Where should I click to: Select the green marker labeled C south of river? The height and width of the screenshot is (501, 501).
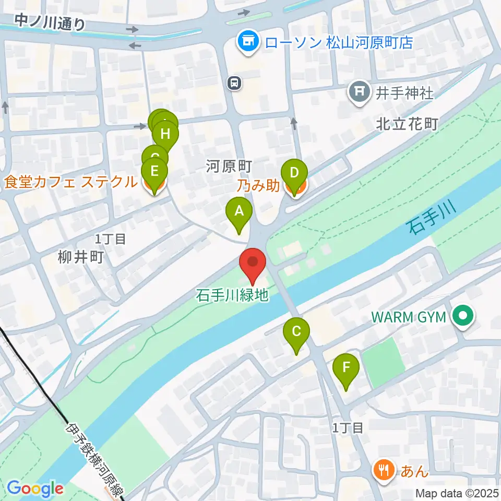click(x=296, y=332)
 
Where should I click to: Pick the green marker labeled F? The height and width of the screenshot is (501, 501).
click(x=347, y=368)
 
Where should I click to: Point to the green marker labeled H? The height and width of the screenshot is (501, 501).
click(x=165, y=134)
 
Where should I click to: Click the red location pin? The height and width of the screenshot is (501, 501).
click(x=253, y=262)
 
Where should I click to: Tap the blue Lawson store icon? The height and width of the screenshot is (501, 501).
click(x=248, y=42)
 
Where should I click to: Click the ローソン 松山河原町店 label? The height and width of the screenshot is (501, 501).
click(x=339, y=42)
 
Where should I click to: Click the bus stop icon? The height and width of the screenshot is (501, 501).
click(x=234, y=82)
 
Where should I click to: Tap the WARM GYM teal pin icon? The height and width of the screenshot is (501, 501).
click(x=462, y=316)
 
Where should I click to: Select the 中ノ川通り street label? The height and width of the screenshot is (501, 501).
click(x=50, y=22)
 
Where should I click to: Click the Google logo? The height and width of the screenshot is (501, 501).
click(x=35, y=488)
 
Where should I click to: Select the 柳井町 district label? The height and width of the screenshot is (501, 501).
click(x=81, y=257)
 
